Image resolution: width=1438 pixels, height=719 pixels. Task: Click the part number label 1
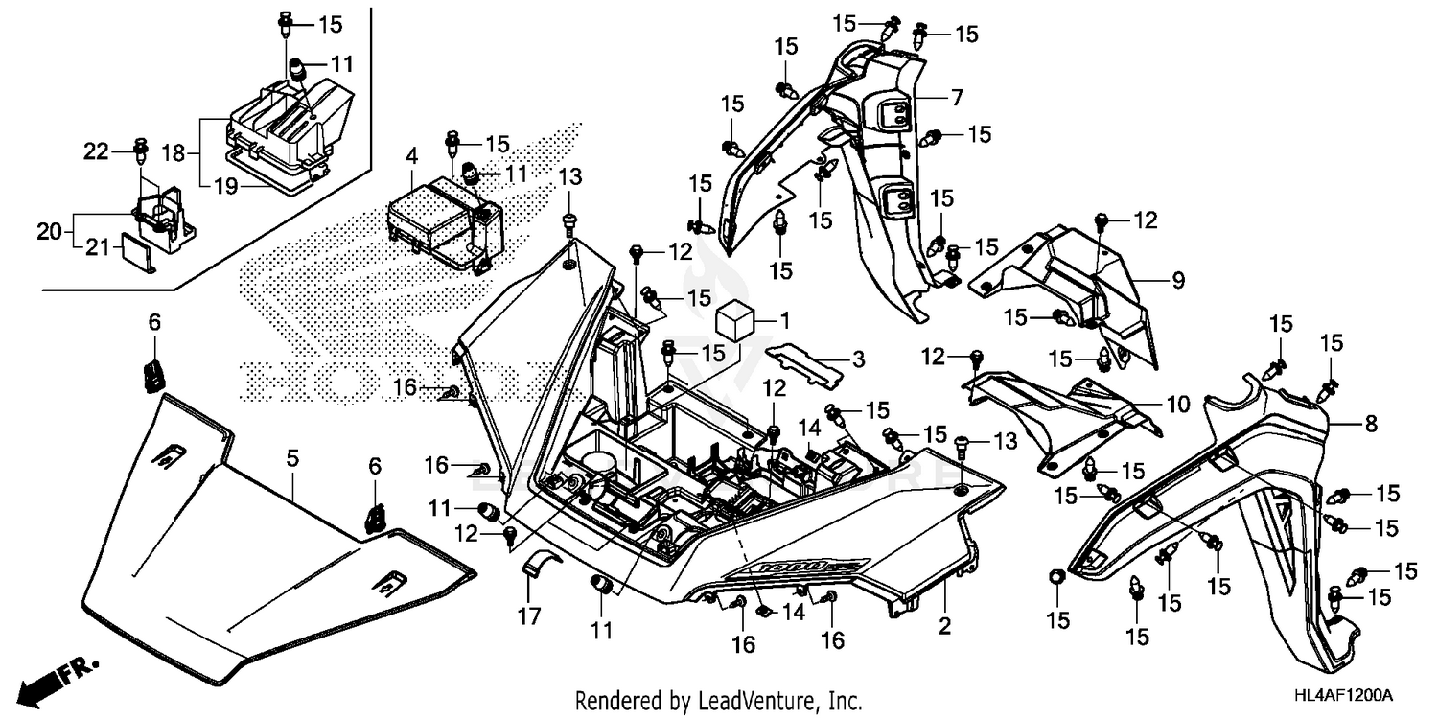click(x=783, y=317)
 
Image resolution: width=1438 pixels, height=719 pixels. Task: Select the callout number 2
click(x=944, y=628)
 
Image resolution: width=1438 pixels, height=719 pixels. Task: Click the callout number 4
click(x=410, y=154)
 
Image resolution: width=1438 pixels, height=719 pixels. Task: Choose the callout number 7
click(x=956, y=97)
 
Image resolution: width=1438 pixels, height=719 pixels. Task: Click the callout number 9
click(x=1177, y=280)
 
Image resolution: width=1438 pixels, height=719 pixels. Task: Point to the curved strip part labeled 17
click(x=533, y=567)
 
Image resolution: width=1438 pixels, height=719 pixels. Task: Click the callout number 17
click(x=531, y=615)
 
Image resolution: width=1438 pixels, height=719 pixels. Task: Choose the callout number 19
click(x=224, y=186)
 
